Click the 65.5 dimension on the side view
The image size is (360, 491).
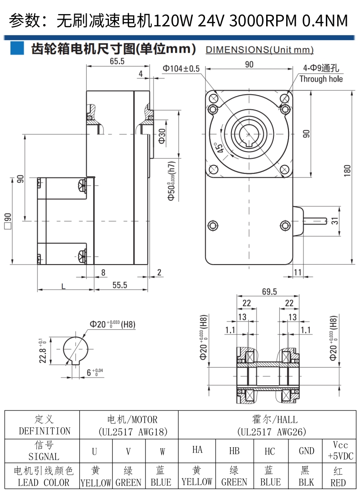click(x=117, y=61)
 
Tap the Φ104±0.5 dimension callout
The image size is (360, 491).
click(x=181, y=69)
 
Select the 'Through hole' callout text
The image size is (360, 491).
click(x=321, y=79)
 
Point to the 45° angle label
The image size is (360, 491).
click(x=218, y=147)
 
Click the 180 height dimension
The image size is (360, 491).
click(x=347, y=171)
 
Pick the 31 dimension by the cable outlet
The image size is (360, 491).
click(x=335, y=221)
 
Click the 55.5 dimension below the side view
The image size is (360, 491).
click(x=120, y=285)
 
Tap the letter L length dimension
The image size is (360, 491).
click(x=63, y=286)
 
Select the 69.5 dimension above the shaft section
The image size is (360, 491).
click(x=269, y=292)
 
